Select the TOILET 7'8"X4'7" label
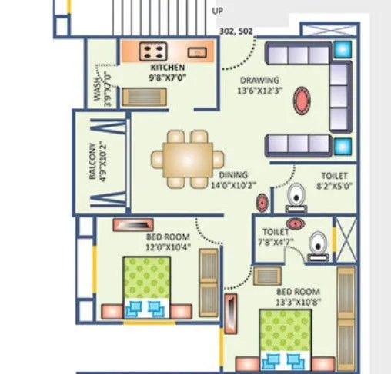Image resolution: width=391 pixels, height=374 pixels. (276, 235)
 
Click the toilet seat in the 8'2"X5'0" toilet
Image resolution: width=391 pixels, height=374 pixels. (295, 201)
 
